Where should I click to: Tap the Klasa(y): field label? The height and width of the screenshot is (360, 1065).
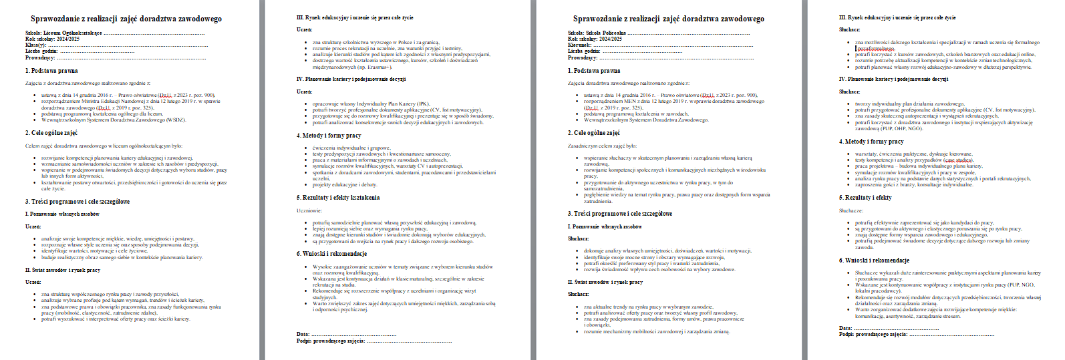[x=36, y=45]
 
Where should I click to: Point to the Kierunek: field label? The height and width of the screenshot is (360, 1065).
[x=579, y=45]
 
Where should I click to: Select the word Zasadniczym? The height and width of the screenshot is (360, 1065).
[x=581, y=146]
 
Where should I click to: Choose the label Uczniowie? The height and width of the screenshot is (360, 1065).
[x=309, y=210]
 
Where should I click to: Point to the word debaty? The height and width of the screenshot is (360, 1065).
[x=368, y=185]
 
